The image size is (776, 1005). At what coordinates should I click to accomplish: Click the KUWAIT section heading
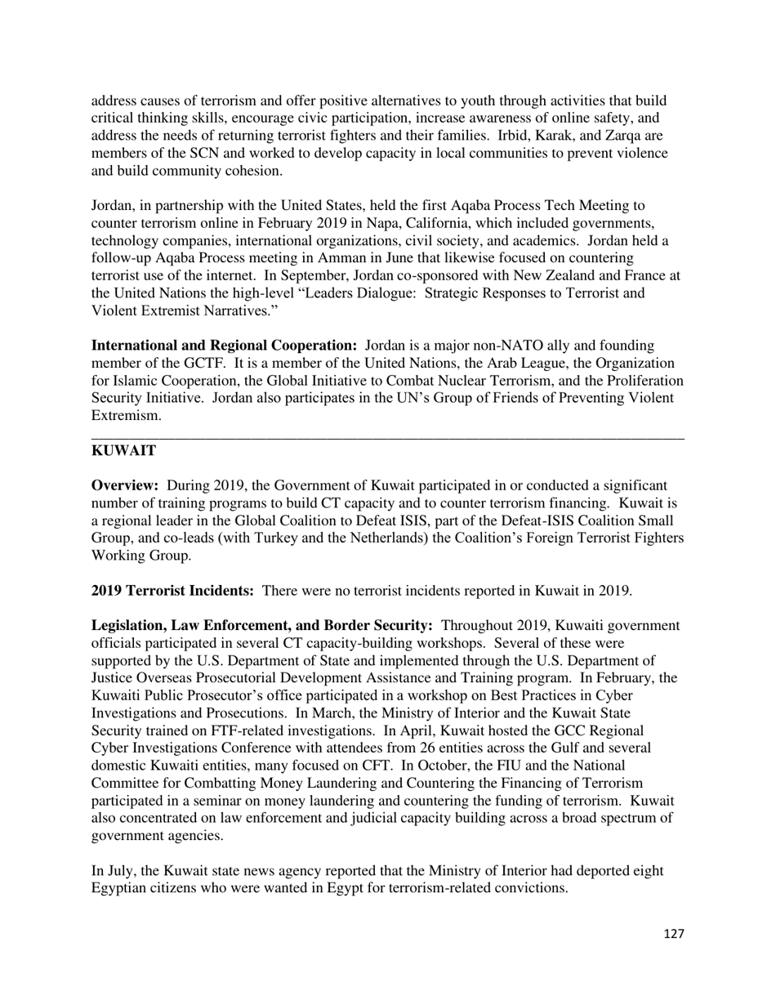click(x=123, y=451)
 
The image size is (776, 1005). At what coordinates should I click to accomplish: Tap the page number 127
click(x=673, y=934)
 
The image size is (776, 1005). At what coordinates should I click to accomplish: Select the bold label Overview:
click(x=125, y=485)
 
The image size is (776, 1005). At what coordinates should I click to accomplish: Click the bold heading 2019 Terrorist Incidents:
click(x=172, y=591)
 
